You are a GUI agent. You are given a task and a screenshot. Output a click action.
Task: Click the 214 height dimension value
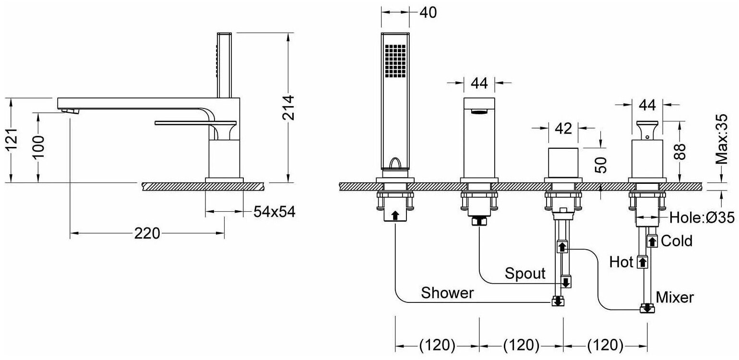[289, 107]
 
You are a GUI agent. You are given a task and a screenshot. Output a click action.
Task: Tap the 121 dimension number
[12, 139]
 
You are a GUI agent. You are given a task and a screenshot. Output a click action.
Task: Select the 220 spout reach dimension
[147, 234]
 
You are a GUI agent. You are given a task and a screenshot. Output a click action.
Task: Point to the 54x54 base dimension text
[274, 212]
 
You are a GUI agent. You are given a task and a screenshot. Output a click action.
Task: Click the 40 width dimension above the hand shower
[428, 12]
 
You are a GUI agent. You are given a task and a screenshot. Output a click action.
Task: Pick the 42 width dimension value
[563, 128]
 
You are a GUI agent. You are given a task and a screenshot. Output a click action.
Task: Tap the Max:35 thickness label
[722, 139]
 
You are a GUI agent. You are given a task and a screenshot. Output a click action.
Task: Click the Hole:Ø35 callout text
[702, 218]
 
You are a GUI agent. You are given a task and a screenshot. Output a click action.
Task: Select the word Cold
[677, 241]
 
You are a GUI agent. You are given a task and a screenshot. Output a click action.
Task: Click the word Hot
[621, 263]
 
